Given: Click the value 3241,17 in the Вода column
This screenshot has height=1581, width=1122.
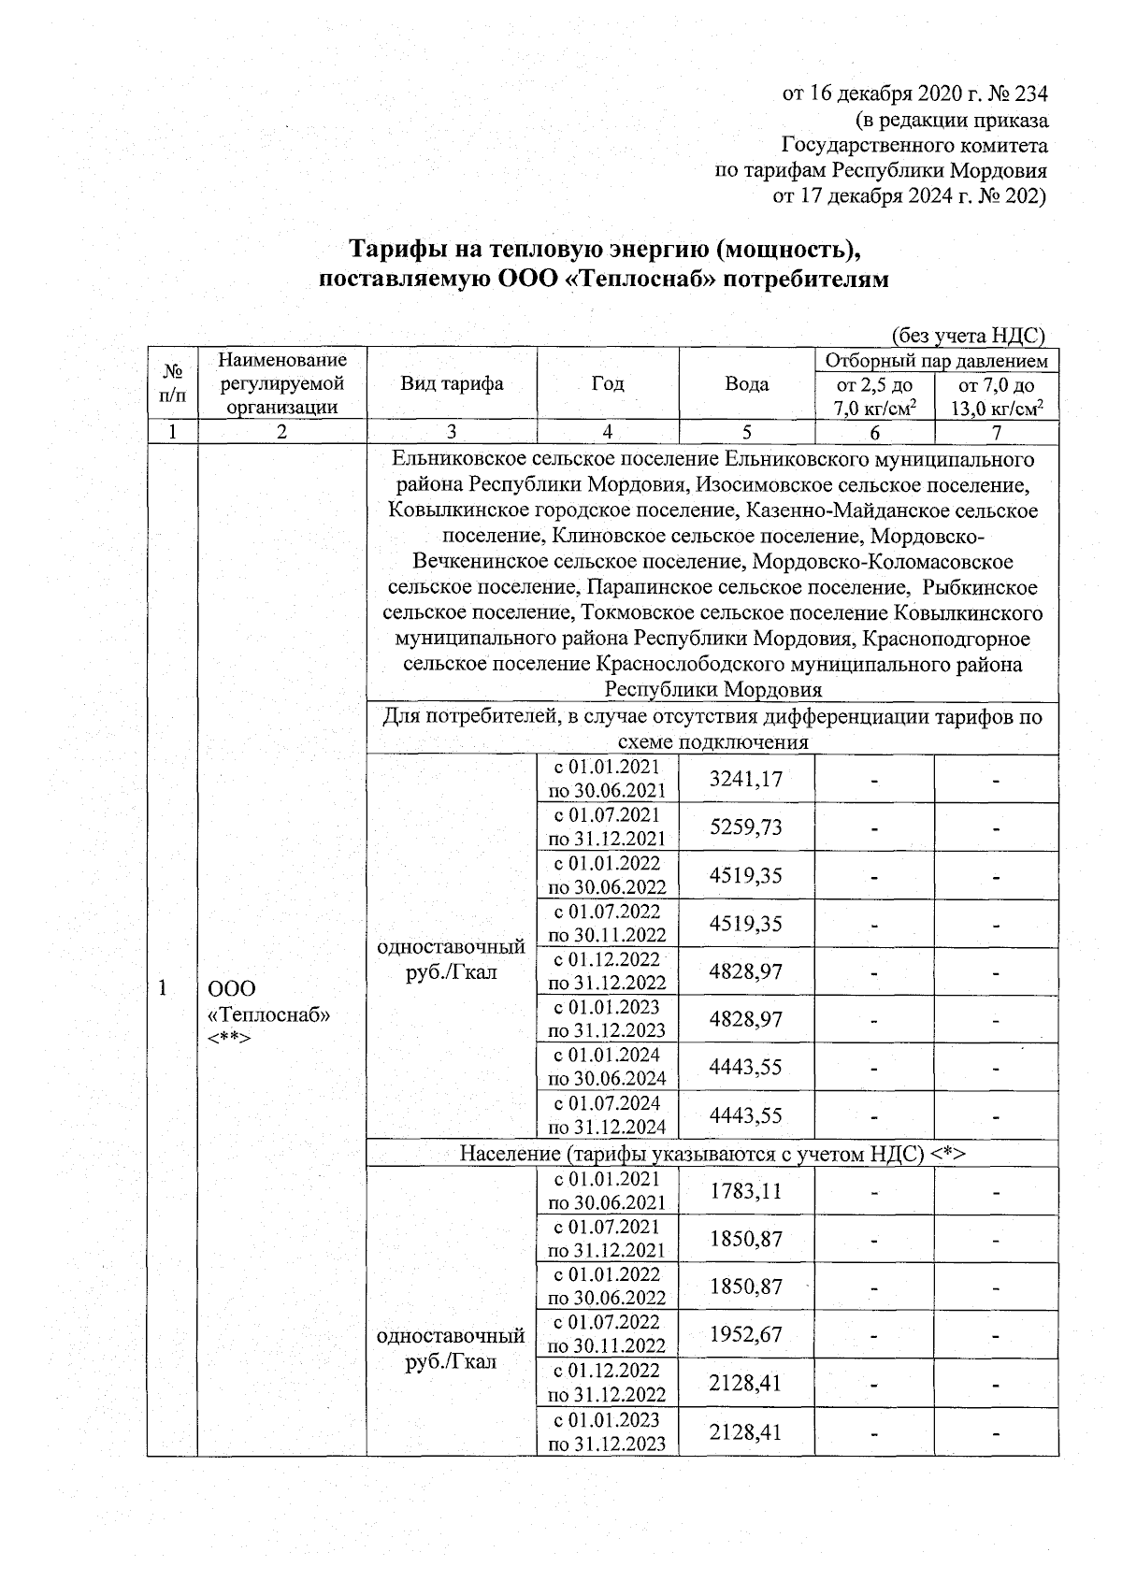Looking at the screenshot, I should [x=745, y=779].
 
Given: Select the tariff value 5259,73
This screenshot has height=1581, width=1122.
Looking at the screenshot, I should [x=745, y=827].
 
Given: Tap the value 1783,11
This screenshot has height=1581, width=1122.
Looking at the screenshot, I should [x=745, y=1191].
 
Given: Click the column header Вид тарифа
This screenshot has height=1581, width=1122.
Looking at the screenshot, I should [x=452, y=383].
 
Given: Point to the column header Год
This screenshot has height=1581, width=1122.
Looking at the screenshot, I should [x=608, y=383].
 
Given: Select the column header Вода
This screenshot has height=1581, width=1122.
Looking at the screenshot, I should [x=746, y=383].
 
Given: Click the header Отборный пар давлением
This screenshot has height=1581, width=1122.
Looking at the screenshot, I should [x=936, y=361].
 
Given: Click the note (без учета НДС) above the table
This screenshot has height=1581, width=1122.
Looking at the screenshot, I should [x=967, y=336].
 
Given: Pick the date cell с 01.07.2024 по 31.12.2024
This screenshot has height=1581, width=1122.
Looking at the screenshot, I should [x=607, y=1114].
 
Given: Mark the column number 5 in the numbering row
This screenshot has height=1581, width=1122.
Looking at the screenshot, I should [x=746, y=432].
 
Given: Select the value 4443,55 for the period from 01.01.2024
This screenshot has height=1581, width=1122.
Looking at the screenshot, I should [x=745, y=1067].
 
